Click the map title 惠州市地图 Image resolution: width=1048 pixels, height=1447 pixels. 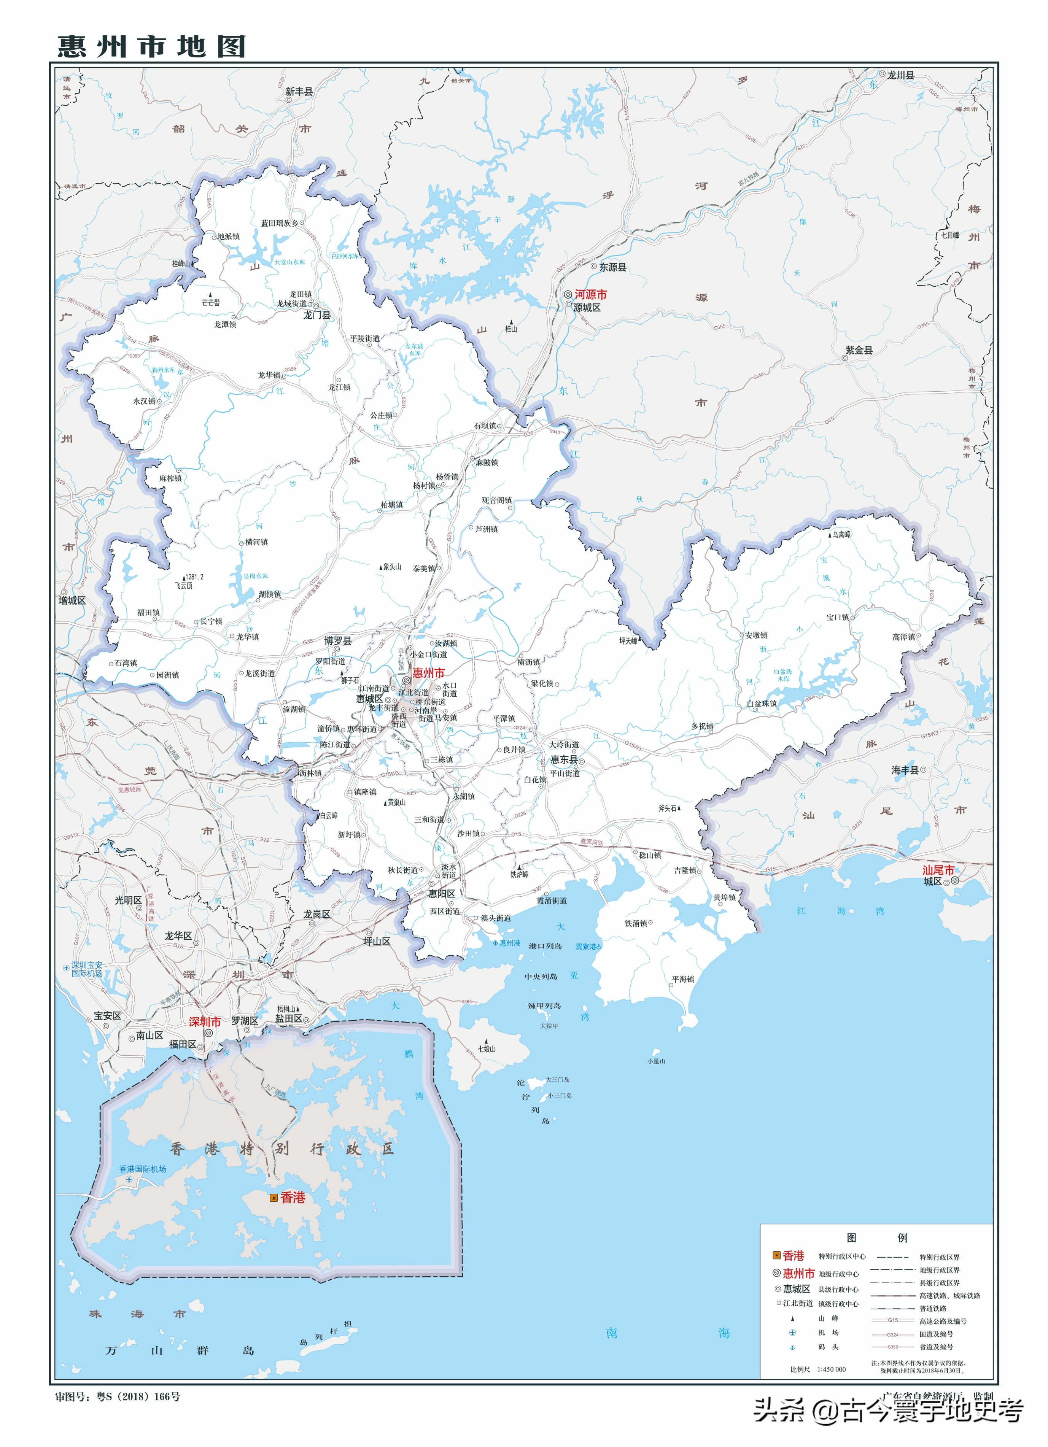tap(152, 46)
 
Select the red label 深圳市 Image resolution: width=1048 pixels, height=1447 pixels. tap(205, 1021)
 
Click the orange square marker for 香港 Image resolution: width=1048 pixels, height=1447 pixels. tap(274, 1198)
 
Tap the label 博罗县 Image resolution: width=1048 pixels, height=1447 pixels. tap(338, 640)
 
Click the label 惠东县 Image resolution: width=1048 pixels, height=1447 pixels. tap(564, 759)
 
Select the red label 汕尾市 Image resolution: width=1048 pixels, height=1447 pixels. tap(938, 870)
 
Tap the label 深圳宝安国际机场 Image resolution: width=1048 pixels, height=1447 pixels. tap(87, 969)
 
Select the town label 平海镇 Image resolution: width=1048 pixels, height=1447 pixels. tap(682, 979)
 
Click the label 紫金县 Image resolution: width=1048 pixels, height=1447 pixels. tap(859, 350)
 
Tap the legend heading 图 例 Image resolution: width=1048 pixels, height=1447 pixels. tap(876, 1238)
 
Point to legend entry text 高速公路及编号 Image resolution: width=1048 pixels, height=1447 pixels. tap(943, 1321)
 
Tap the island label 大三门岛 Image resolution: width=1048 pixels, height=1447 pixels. tap(557, 1080)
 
